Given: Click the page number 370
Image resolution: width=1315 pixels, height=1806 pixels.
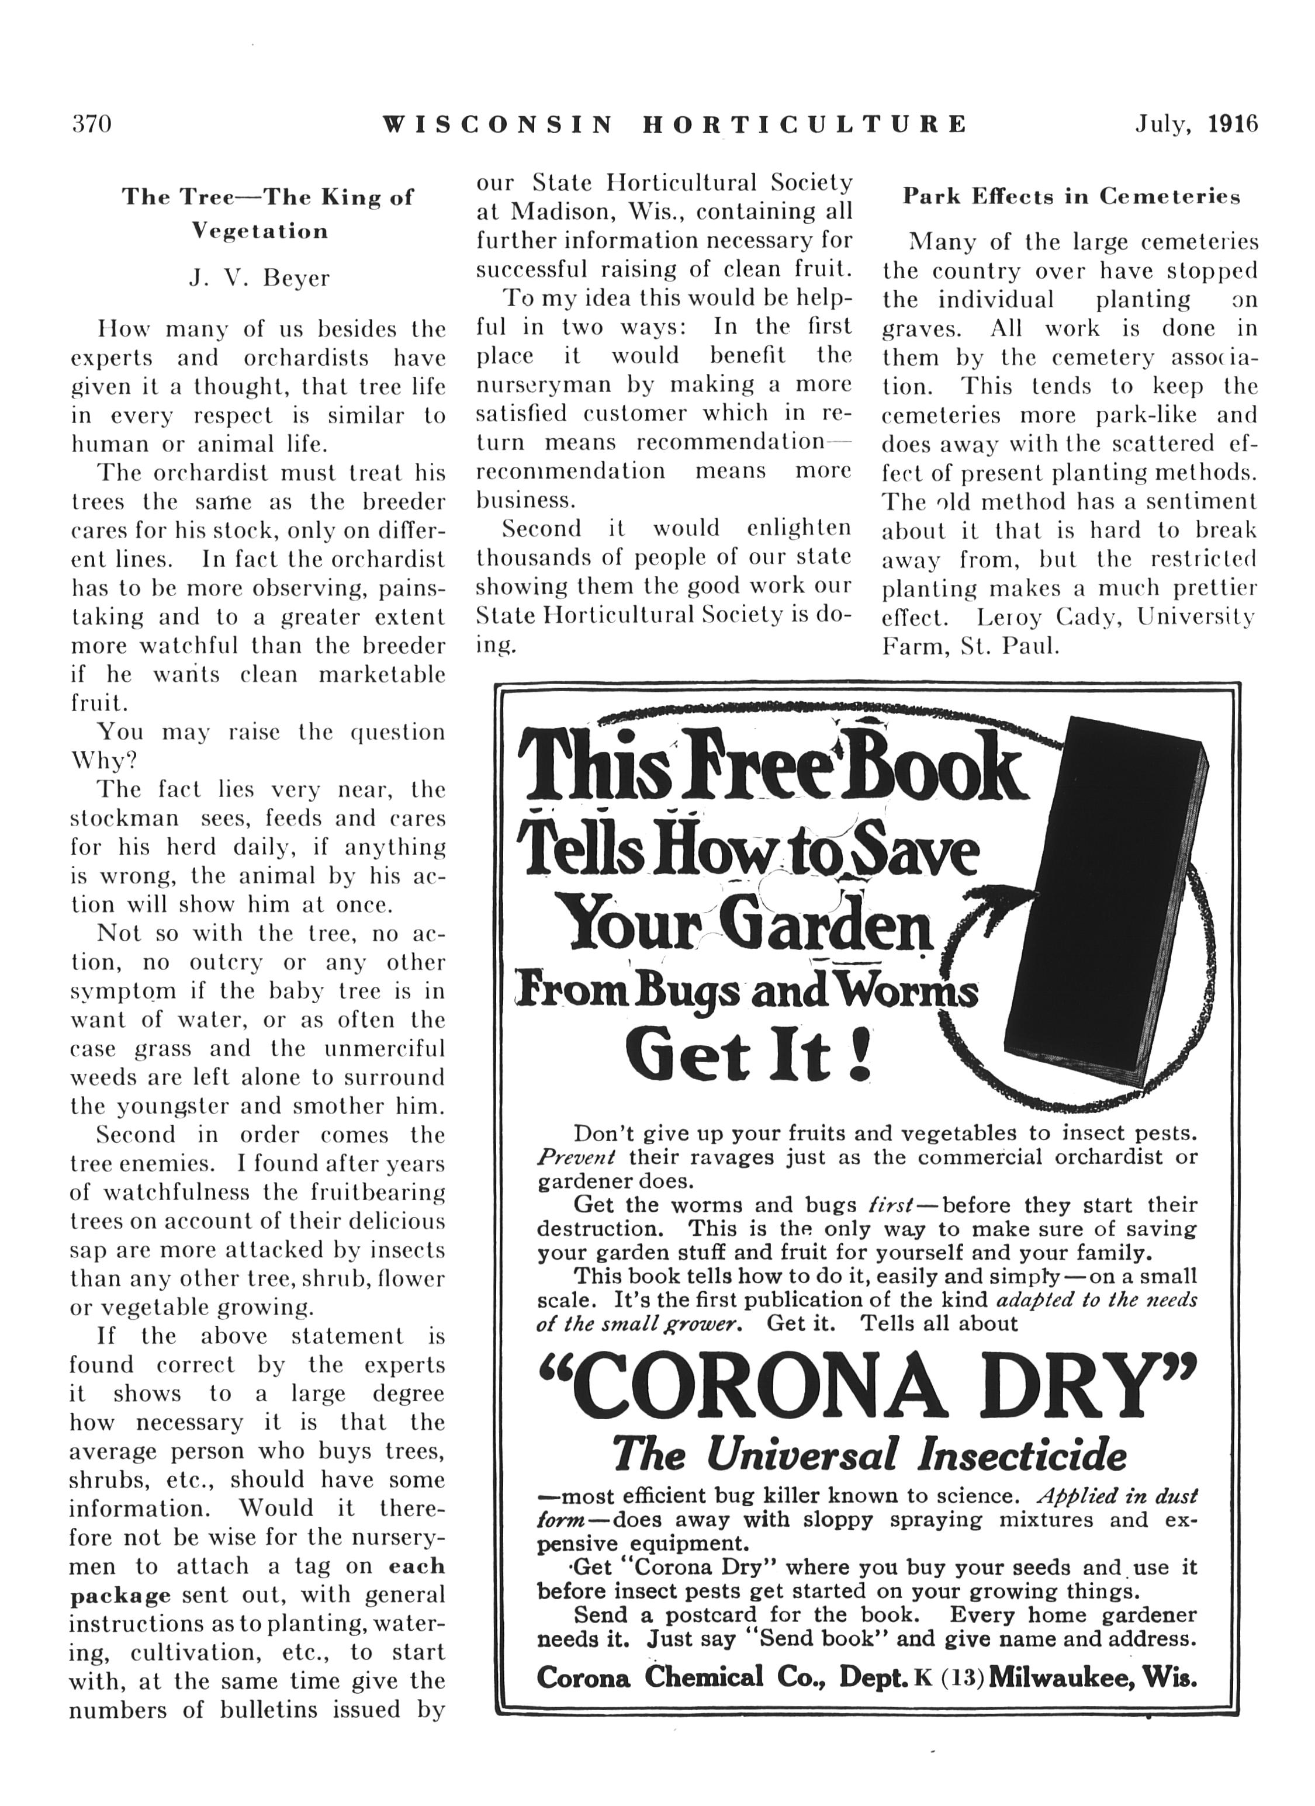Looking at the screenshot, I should click(92, 124).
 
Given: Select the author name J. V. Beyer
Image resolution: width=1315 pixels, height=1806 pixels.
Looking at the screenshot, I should click(259, 278).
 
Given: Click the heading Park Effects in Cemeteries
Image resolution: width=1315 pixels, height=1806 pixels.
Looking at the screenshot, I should click(1071, 197).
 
